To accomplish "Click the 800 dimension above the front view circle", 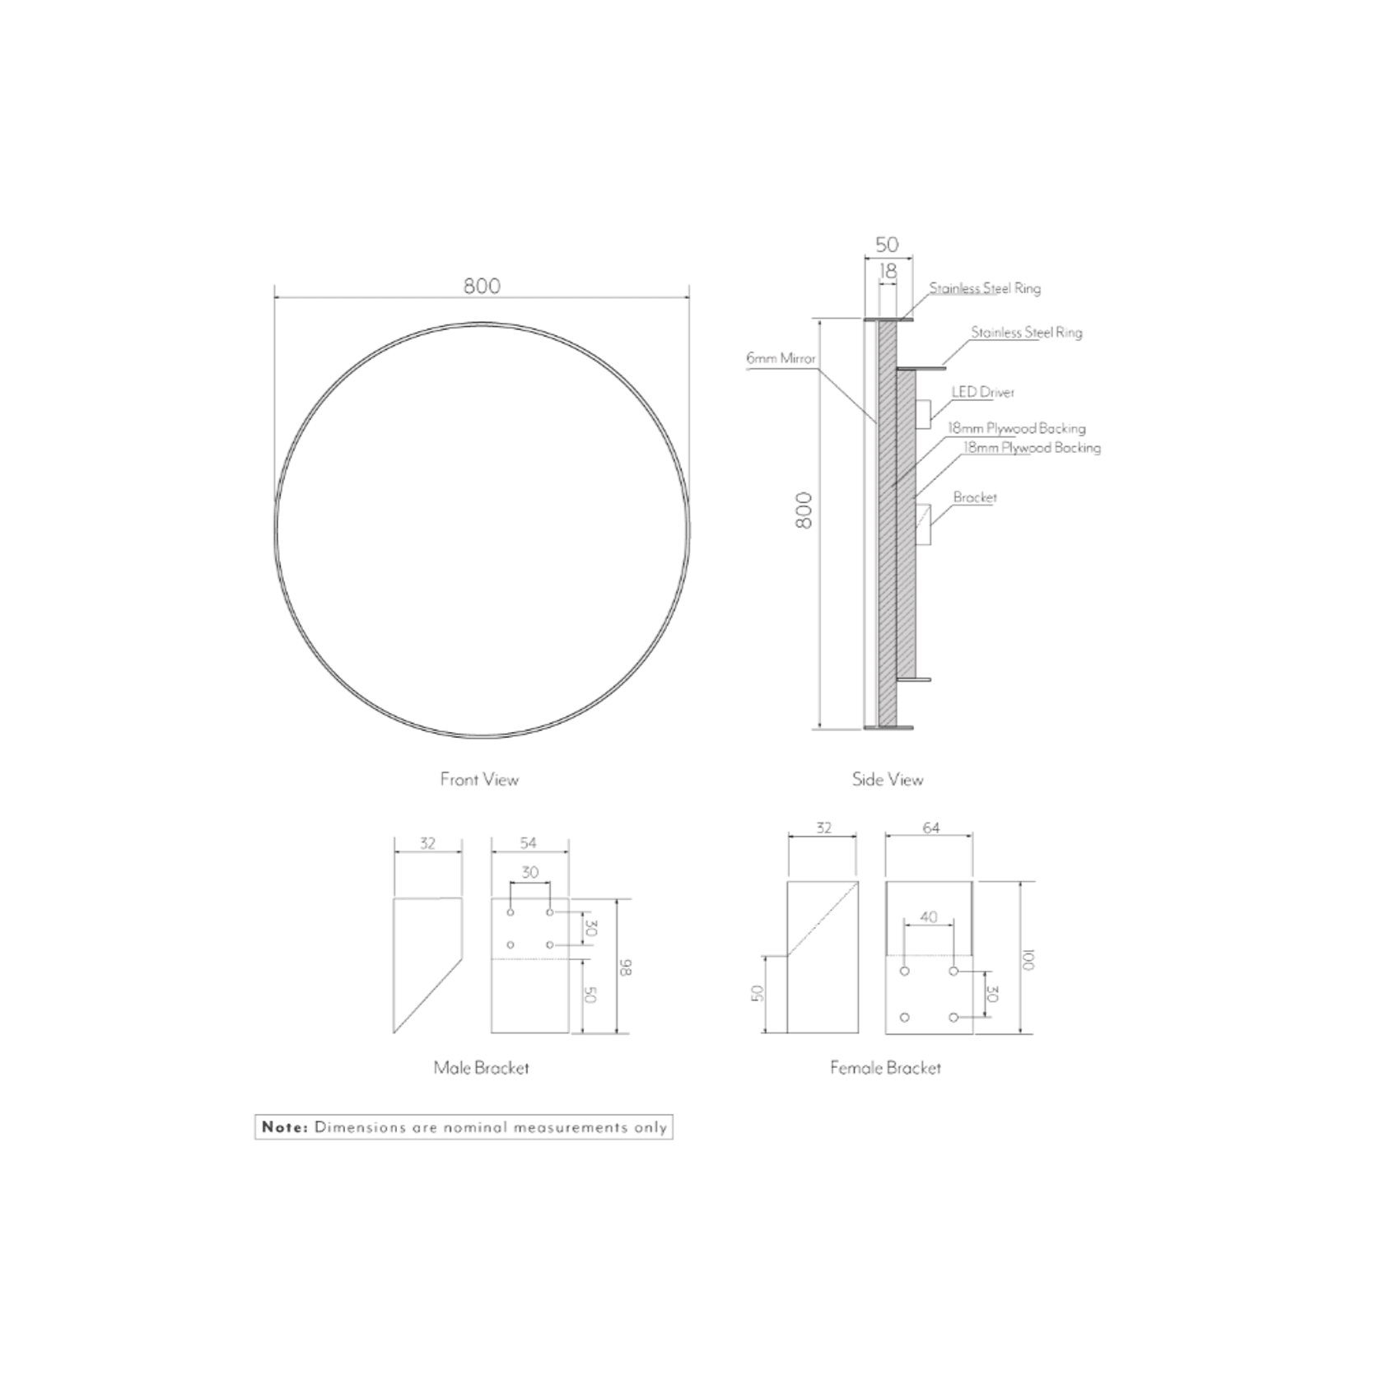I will point(482,286).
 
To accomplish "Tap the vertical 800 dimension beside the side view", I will point(804,511).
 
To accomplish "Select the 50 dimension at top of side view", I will point(887,245).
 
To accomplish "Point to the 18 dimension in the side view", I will point(887,270).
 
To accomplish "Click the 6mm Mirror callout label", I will point(781,358).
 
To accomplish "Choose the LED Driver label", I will point(983,392).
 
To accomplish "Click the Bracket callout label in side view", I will point(975,497).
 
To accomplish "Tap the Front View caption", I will point(479,779).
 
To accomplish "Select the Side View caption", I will point(888,779).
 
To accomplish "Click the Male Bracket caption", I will point(481,1067).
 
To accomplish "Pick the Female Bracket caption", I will point(885,1067).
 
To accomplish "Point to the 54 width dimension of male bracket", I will point(528,842).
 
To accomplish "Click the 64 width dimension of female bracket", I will point(930,828).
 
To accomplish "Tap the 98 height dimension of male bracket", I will point(625,967).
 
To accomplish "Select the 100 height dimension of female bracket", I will point(1028,959).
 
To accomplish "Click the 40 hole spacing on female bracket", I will point(928,916).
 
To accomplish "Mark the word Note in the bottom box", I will point(285,1126).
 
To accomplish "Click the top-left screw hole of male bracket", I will point(511,912).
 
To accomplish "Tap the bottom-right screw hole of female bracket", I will point(953,1018).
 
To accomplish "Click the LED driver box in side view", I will point(923,414).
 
